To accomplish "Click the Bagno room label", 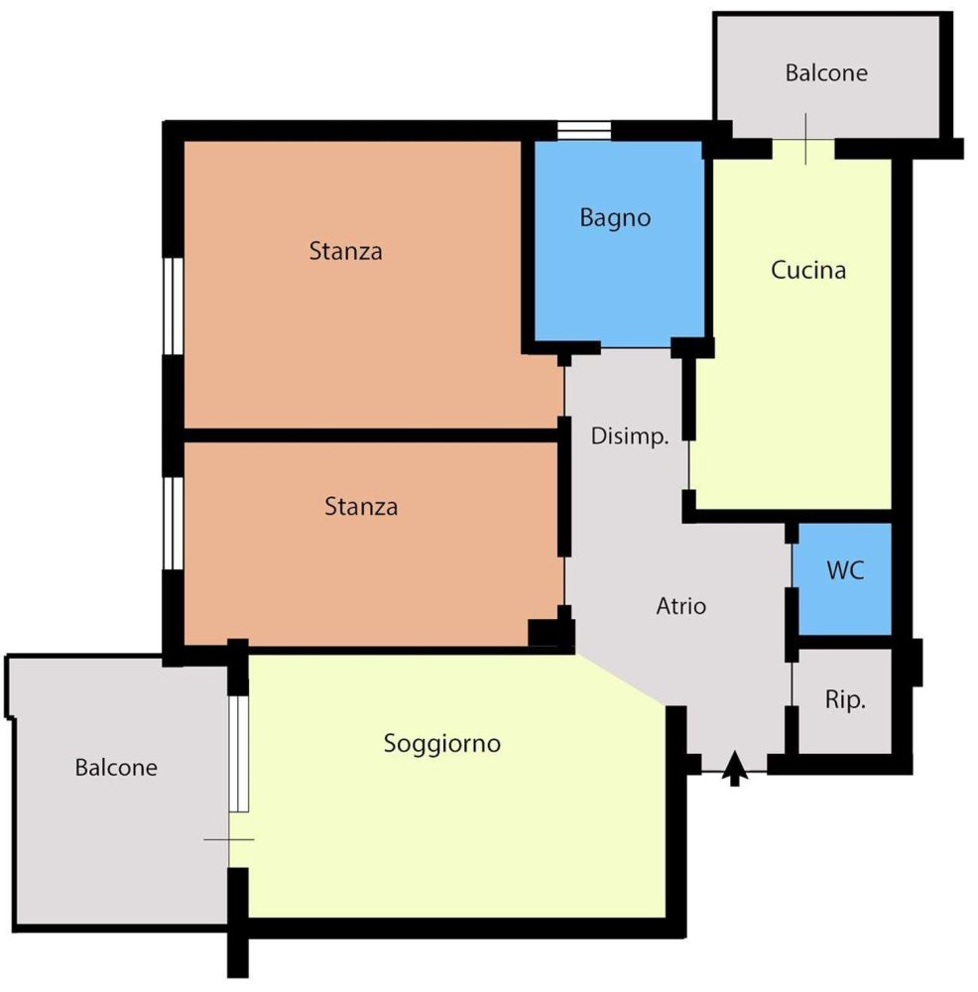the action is [615, 217].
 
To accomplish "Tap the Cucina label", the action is [807, 270].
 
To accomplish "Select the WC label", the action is [845, 570].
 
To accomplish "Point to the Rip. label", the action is [845, 699].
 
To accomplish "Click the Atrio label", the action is [680, 606].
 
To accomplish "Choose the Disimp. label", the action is [630, 435].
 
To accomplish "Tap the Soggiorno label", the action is [441, 743].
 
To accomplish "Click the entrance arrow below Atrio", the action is [734, 768].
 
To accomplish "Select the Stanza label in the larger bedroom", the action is [345, 251].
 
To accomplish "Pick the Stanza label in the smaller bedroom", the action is [361, 506].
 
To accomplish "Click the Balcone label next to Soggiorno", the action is [116, 768].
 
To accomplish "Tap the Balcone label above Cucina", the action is [826, 72].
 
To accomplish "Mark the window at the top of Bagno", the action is [584, 130].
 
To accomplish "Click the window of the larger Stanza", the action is [174, 307].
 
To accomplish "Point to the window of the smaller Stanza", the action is [174, 523].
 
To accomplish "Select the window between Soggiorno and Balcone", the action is [238, 754].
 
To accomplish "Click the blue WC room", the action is [844, 578].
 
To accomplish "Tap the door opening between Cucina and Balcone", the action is [804, 149].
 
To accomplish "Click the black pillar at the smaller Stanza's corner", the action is [551, 632].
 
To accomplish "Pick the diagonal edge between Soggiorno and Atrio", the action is [621, 680].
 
